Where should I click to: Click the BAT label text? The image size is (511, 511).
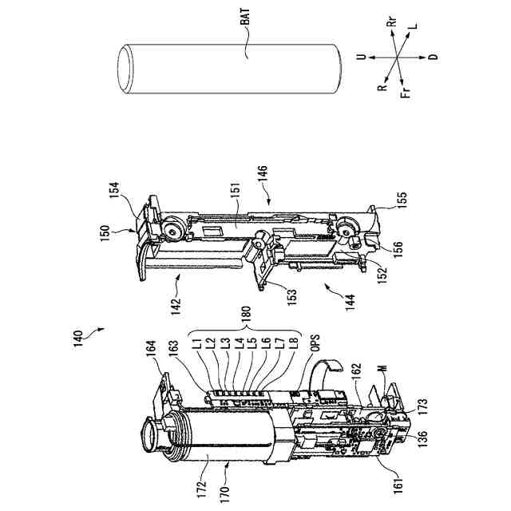(x=245, y=17)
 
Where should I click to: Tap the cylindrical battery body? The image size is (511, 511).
(x=229, y=69)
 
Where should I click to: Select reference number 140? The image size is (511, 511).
(x=78, y=339)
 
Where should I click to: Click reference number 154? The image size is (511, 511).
(x=114, y=191)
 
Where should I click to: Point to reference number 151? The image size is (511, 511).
(x=236, y=188)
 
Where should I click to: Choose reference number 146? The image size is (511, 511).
(x=263, y=174)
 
